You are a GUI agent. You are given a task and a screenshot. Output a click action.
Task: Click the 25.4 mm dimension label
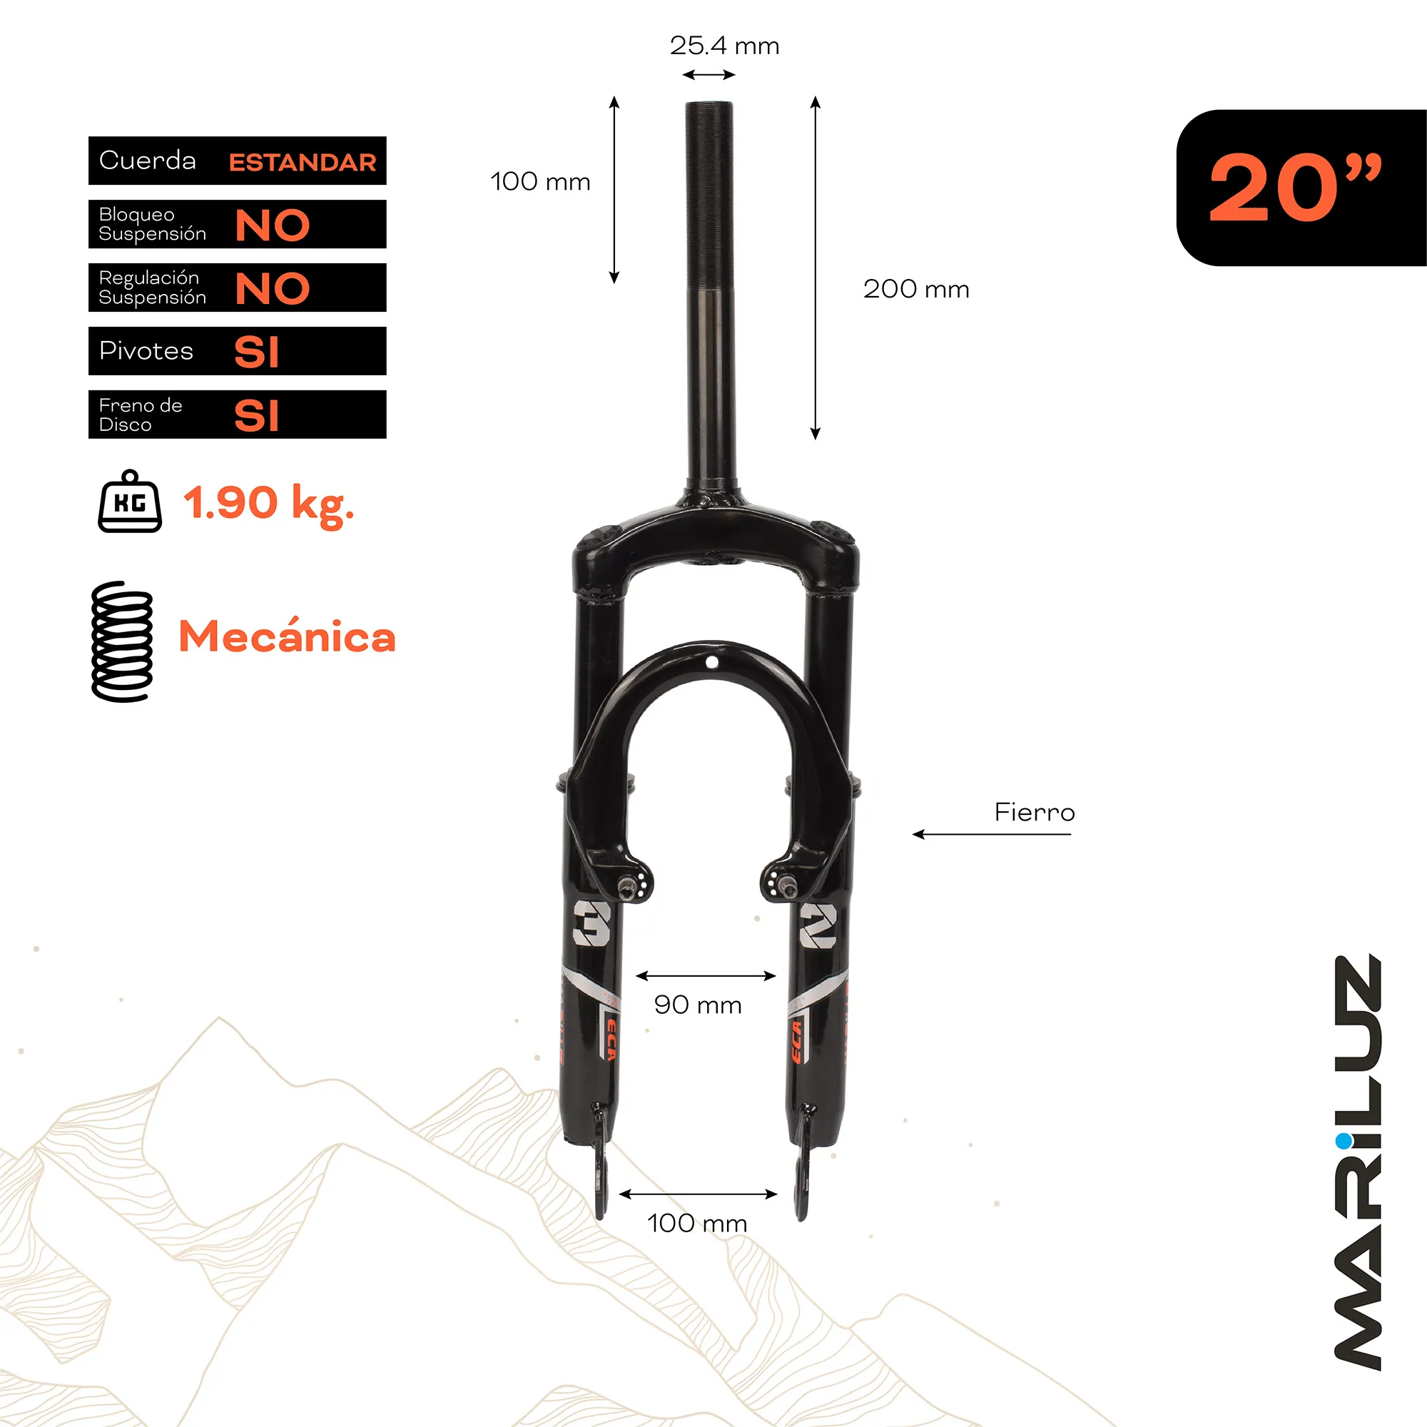pos(723,46)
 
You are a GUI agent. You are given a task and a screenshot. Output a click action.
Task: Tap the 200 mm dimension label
pos(916,289)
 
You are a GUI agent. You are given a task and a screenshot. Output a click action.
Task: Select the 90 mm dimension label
pos(697,1005)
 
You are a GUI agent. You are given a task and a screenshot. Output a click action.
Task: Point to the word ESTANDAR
pos(302,163)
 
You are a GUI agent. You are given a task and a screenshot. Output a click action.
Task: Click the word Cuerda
pos(148,161)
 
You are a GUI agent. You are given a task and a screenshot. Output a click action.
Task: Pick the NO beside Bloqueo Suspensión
pos(272,225)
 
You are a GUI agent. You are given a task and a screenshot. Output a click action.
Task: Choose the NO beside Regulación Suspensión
pos(272,289)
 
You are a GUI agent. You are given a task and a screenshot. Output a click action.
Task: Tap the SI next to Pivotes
pos(256,352)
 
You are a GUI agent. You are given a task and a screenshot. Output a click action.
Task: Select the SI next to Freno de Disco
pos(256,416)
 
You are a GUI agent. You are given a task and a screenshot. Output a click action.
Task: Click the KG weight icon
pos(130,502)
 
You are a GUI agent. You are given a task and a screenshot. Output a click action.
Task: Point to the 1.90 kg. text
pos(269,504)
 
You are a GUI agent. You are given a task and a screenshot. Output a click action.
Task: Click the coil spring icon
pos(122,641)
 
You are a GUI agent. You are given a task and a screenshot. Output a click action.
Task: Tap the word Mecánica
pos(288,636)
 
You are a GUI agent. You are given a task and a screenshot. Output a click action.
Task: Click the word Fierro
pos(1034,813)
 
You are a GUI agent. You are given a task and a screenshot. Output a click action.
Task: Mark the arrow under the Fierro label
pos(991,835)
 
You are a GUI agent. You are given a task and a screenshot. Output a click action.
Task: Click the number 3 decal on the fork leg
pos(591,923)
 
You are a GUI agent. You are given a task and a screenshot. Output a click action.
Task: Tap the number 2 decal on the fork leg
pos(818,925)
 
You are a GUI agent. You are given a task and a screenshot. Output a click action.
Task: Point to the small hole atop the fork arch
pos(711,663)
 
